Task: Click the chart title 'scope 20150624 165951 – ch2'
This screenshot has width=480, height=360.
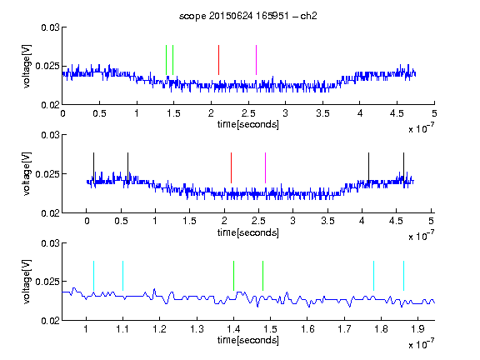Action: [248, 16]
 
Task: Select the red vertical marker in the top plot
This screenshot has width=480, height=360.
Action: [218, 60]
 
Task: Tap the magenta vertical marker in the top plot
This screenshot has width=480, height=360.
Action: [256, 60]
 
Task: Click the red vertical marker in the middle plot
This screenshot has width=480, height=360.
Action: [231, 167]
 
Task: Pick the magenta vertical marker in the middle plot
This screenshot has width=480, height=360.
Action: [265, 167]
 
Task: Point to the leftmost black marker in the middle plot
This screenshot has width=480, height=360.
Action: [94, 167]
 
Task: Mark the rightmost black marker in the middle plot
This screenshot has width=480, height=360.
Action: [404, 167]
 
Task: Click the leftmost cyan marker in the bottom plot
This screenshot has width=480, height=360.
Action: [93, 276]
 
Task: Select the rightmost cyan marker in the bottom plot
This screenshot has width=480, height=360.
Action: [404, 276]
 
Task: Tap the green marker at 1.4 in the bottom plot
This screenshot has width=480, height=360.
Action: [233, 276]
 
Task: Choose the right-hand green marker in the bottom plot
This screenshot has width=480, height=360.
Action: [262, 276]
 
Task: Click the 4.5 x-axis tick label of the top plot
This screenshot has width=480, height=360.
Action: [397, 113]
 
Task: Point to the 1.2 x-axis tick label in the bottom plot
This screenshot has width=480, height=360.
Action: [159, 329]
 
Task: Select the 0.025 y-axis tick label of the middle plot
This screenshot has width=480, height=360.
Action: [47, 174]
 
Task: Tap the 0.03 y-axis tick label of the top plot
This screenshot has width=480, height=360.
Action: [50, 27]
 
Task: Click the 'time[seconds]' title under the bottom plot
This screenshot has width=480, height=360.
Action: [248, 340]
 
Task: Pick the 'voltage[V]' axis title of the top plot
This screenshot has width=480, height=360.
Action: [27, 66]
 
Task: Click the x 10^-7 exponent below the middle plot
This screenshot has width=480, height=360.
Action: [421, 235]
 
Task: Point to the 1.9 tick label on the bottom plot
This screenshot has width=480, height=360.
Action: [417, 329]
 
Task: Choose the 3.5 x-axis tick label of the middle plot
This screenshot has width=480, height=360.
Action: [327, 221]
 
